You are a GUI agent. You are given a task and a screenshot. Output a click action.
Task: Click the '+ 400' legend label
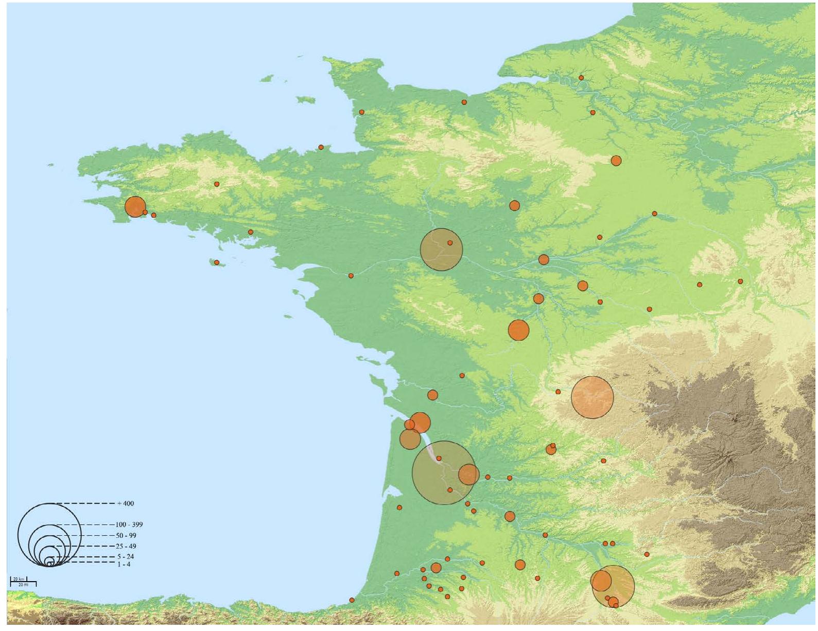[x=126, y=503]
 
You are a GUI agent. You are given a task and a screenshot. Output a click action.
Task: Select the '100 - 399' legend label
[x=129, y=524]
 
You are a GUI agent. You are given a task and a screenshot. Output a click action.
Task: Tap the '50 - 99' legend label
[x=126, y=536]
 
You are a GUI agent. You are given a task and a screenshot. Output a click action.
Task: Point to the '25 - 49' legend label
[x=126, y=546]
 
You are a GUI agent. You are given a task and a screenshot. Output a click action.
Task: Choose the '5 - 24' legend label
[x=125, y=556]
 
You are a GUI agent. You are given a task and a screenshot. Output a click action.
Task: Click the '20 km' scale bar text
[x=19, y=579]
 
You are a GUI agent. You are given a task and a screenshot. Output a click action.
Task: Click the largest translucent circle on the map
[x=443, y=472]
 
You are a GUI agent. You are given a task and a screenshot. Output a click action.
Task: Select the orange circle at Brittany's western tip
[x=135, y=207]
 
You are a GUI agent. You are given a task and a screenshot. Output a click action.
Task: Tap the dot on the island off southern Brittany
[x=217, y=262]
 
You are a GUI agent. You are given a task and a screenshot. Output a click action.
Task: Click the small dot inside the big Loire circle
[x=450, y=243]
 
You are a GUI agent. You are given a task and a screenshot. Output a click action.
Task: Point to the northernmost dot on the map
[x=581, y=78]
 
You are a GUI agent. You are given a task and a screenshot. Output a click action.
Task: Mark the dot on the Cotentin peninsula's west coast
[x=362, y=112]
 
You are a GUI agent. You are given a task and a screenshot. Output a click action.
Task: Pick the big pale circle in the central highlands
[x=593, y=397]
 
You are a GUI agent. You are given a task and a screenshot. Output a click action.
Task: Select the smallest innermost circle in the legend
[x=49, y=564]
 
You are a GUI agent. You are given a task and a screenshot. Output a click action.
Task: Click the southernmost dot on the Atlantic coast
[x=352, y=600]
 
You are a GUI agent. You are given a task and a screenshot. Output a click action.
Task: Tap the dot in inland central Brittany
[x=217, y=184]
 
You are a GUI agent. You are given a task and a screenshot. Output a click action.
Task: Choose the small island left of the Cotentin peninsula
[x=306, y=99]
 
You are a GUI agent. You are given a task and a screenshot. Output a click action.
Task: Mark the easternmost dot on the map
[x=740, y=282]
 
